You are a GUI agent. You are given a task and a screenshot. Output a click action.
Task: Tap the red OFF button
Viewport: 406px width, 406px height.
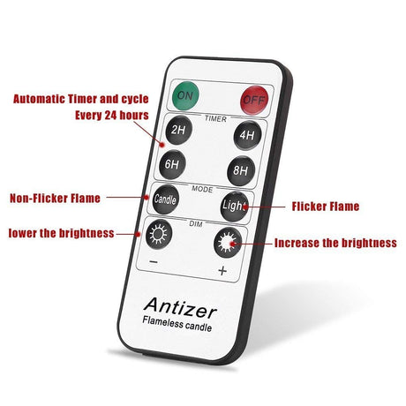(x=254, y=100)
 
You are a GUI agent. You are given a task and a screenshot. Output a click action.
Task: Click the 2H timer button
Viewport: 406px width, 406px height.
(x=178, y=130)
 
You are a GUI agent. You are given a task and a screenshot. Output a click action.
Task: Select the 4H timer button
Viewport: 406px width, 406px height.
(x=247, y=135)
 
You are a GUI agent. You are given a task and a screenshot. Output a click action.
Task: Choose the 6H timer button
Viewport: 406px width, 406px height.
(x=172, y=164)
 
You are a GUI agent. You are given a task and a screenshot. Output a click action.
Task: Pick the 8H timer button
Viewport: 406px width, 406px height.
(x=241, y=170)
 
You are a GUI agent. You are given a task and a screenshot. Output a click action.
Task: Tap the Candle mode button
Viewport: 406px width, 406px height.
(x=165, y=199)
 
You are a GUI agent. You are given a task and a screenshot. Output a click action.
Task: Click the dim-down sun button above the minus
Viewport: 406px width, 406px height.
(x=159, y=235)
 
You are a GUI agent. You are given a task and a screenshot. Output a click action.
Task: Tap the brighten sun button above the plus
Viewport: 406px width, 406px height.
(x=228, y=242)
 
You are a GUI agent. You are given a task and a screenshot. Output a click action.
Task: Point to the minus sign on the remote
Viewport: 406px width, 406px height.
(x=154, y=261)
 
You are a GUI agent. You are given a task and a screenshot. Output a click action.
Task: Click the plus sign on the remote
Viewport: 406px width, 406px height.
(x=222, y=270)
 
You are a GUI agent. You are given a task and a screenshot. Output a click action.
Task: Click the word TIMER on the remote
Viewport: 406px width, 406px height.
(x=215, y=119)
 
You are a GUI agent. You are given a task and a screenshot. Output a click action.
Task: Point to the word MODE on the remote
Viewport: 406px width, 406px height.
(x=202, y=189)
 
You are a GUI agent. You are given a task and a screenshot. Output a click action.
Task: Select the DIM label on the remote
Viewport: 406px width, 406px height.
(x=196, y=224)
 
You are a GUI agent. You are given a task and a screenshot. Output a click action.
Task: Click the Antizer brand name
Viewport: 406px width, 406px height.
(x=180, y=308)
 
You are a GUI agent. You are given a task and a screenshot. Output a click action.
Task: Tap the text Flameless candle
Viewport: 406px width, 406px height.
(x=177, y=324)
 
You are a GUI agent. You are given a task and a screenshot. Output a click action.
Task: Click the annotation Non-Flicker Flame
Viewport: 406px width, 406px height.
(x=55, y=199)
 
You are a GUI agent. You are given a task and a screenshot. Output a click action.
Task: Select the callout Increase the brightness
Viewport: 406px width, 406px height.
(x=335, y=243)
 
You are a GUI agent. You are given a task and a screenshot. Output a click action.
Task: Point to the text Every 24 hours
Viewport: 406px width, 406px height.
(x=112, y=115)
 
